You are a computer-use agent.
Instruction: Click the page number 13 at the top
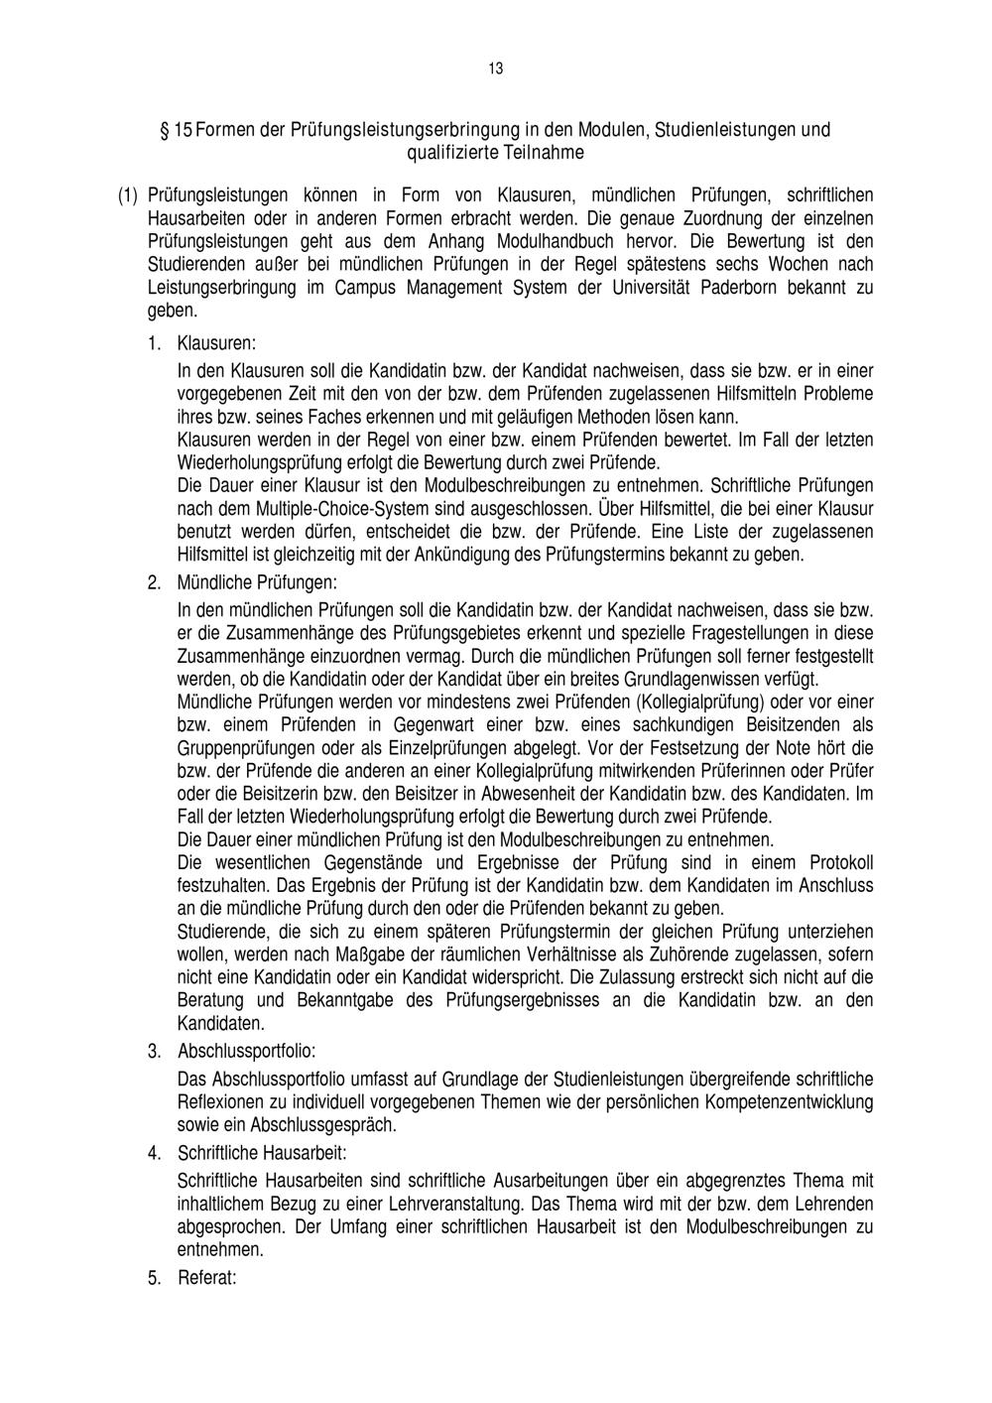coord(496,68)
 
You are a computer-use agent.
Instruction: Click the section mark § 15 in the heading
coord(177,130)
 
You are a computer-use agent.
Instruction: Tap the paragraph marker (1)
coord(128,195)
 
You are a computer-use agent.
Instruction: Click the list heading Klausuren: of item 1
coord(216,343)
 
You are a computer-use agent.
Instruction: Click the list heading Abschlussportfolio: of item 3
coord(246,1051)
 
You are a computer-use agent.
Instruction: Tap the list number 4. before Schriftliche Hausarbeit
coord(155,1153)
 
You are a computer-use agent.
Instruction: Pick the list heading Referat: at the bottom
coord(206,1278)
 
